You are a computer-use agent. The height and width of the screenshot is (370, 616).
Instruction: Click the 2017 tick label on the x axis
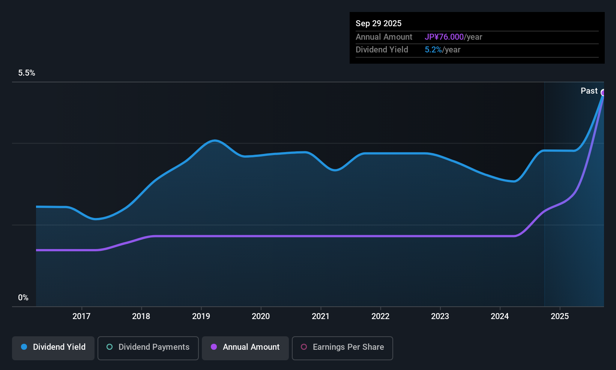(81, 316)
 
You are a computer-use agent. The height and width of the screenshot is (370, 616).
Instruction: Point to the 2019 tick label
(201, 316)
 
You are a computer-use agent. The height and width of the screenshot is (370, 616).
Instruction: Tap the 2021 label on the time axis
(320, 316)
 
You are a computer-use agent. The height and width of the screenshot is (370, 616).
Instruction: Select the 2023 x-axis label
(440, 316)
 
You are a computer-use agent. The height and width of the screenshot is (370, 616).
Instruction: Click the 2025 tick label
(560, 316)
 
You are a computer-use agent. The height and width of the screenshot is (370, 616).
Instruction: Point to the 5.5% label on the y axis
(27, 73)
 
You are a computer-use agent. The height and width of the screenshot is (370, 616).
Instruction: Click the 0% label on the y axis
(23, 298)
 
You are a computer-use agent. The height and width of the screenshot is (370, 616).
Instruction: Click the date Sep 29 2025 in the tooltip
(379, 23)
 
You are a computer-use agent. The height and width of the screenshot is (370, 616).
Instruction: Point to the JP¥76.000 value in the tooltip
(444, 37)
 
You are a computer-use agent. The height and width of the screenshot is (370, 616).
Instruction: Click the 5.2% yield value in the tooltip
(433, 50)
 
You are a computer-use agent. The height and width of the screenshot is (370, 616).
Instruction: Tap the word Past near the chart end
(589, 91)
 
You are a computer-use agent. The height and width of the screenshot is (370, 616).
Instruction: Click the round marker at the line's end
(603, 92)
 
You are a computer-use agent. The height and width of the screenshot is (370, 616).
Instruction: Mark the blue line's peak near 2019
(214, 140)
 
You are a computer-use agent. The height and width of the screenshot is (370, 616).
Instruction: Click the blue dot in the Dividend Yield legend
(24, 347)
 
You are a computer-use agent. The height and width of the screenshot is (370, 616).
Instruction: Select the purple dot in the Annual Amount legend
(214, 347)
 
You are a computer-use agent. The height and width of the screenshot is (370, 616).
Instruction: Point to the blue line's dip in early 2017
(96, 219)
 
